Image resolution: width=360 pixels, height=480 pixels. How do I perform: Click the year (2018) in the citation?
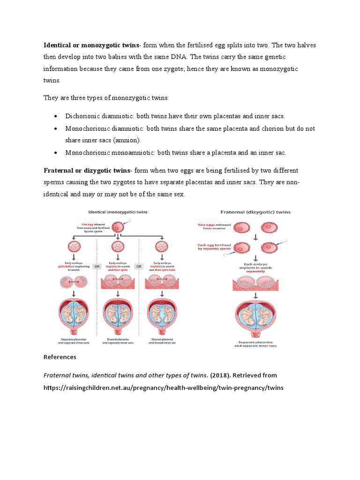219,375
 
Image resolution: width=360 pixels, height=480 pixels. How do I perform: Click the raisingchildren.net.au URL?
164,388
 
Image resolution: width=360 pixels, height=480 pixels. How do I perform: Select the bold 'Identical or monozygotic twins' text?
91,45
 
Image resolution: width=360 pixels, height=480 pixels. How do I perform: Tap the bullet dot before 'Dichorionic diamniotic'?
56,116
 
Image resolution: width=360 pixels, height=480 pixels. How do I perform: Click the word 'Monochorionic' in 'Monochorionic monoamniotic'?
87,153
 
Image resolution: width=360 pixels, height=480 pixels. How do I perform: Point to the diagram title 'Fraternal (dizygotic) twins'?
255,212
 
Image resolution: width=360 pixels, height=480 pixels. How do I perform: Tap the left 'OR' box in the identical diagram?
97,266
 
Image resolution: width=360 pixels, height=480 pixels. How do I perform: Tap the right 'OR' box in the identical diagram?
138,266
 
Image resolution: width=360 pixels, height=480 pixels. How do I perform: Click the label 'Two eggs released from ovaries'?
215,227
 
